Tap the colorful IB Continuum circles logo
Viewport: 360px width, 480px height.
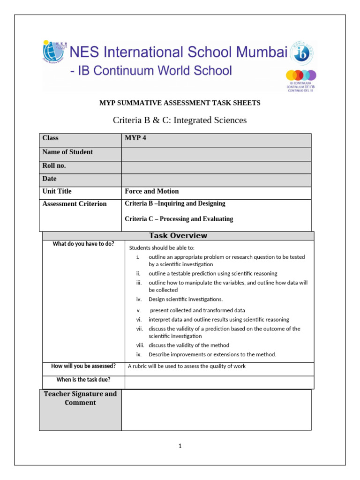pos(301,75)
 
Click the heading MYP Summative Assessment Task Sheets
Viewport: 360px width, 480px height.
pos(180,103)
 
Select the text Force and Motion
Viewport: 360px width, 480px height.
pos(152,191)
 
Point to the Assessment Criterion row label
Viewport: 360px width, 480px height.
pos(75,204)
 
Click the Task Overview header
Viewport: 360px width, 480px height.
pos(178,236)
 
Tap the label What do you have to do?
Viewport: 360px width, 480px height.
pos(83,244)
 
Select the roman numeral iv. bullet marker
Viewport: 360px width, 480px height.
pos(139,299)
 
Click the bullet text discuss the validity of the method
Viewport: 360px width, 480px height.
pos(189,345)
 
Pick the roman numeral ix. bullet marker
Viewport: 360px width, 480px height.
pos(139,354)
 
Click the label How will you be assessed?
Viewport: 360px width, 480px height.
pos(83,366)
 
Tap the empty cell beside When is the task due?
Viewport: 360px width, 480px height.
pos(219,382)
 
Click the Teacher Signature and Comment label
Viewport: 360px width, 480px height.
pos(80,398)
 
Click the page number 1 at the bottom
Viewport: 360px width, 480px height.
pos(180,446)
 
